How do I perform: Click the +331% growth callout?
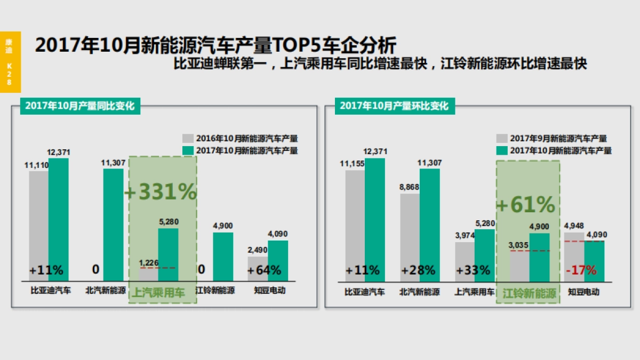(x=161, y=192)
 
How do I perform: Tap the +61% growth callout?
(x=526, y=204)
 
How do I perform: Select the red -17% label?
(x=581, y=270)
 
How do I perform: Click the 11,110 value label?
(x=37, y=165)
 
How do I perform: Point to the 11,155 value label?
(x=353, y=163)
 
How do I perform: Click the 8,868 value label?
(x=409, y=187)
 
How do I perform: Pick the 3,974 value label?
(x=465, y=236)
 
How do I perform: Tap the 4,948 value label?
(x=574, y=226)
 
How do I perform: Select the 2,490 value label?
(x=257, y=250)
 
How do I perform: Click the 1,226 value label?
(x=149, y=262)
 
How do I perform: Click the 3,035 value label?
(x=519, y=245)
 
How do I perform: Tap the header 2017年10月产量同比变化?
(x=80, y=106)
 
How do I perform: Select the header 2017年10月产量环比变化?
(x=394, y=106)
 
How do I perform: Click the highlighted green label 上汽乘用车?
(x=158, y=293)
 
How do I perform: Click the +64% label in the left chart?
(x=264, y=270)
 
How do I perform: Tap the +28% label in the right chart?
(x=418, y=270)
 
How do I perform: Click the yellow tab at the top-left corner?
(x=10, y=59)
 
